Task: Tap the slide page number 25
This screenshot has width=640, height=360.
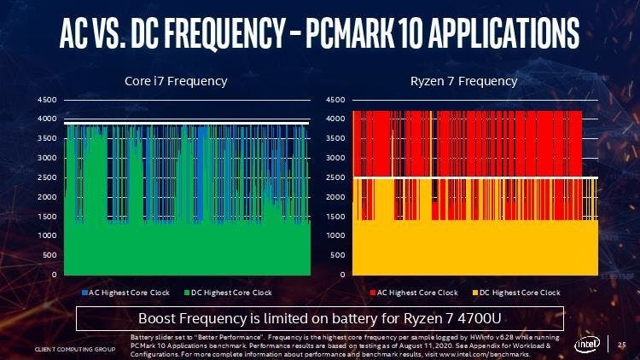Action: pyautogui.click(x=622, y=346)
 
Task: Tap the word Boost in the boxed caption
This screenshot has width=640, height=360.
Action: pyautogui.click(x=156, y=320)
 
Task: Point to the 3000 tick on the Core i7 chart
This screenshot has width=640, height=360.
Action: pyautogui.click(x=46, y=158)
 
